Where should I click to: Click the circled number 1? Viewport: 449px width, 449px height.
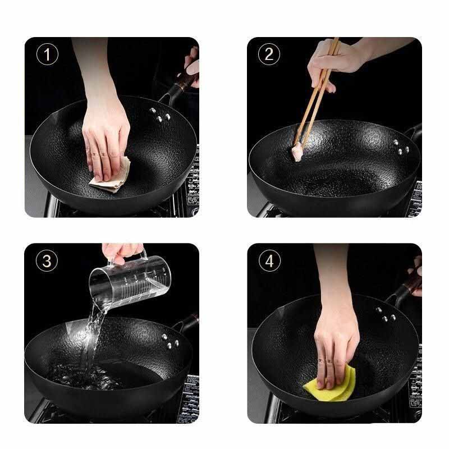(47, 54)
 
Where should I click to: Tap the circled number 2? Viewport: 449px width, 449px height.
(269, 54)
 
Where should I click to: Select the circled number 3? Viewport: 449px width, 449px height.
(47, 261)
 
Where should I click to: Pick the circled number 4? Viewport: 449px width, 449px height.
(269, 261)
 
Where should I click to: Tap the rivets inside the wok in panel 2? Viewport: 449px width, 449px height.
(401, 147)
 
